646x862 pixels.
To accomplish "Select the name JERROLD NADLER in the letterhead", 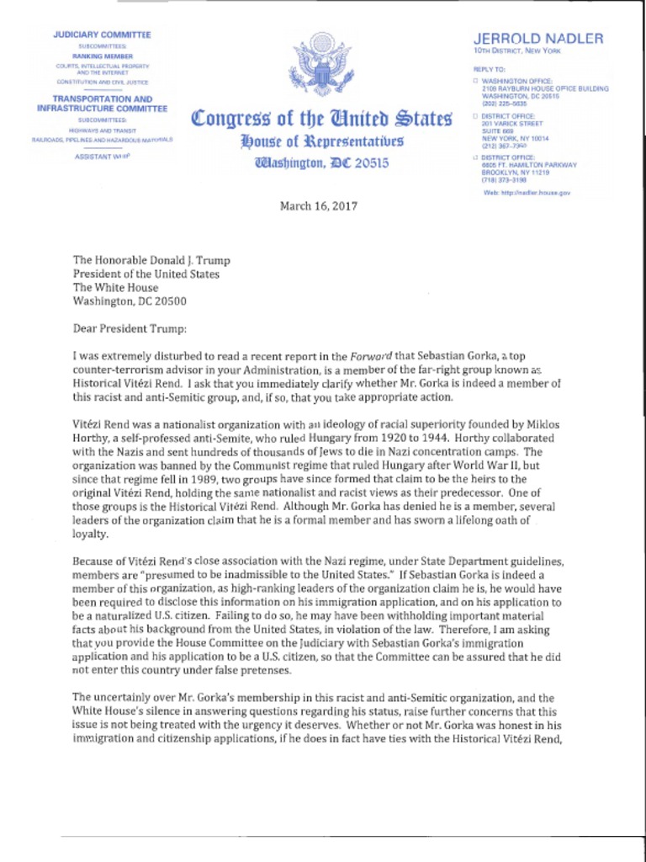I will click(538, 39).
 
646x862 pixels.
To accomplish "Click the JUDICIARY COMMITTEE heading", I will click(102, 35).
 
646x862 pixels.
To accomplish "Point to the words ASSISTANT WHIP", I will click(103, 157).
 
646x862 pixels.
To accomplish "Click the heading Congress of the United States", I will click(322, 117).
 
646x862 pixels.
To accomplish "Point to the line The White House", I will click(115, 288).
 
